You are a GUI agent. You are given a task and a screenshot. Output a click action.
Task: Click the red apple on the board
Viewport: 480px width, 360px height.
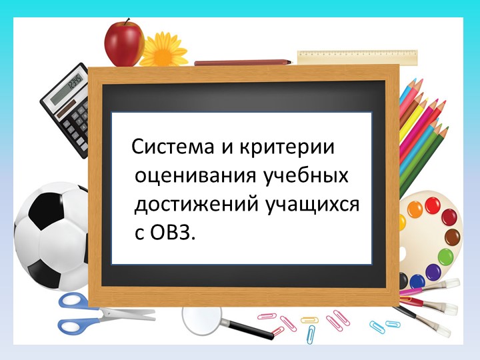124,43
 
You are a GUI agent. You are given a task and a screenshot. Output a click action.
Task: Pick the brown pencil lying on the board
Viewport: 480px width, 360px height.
243,63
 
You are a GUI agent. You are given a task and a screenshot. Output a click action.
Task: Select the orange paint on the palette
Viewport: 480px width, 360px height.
415,209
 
